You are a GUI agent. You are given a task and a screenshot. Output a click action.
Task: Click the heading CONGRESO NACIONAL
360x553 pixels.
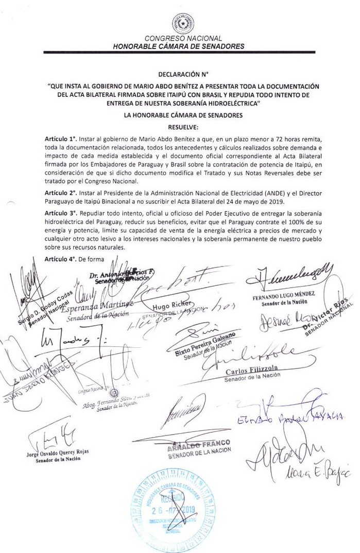(x=183, y=39)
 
